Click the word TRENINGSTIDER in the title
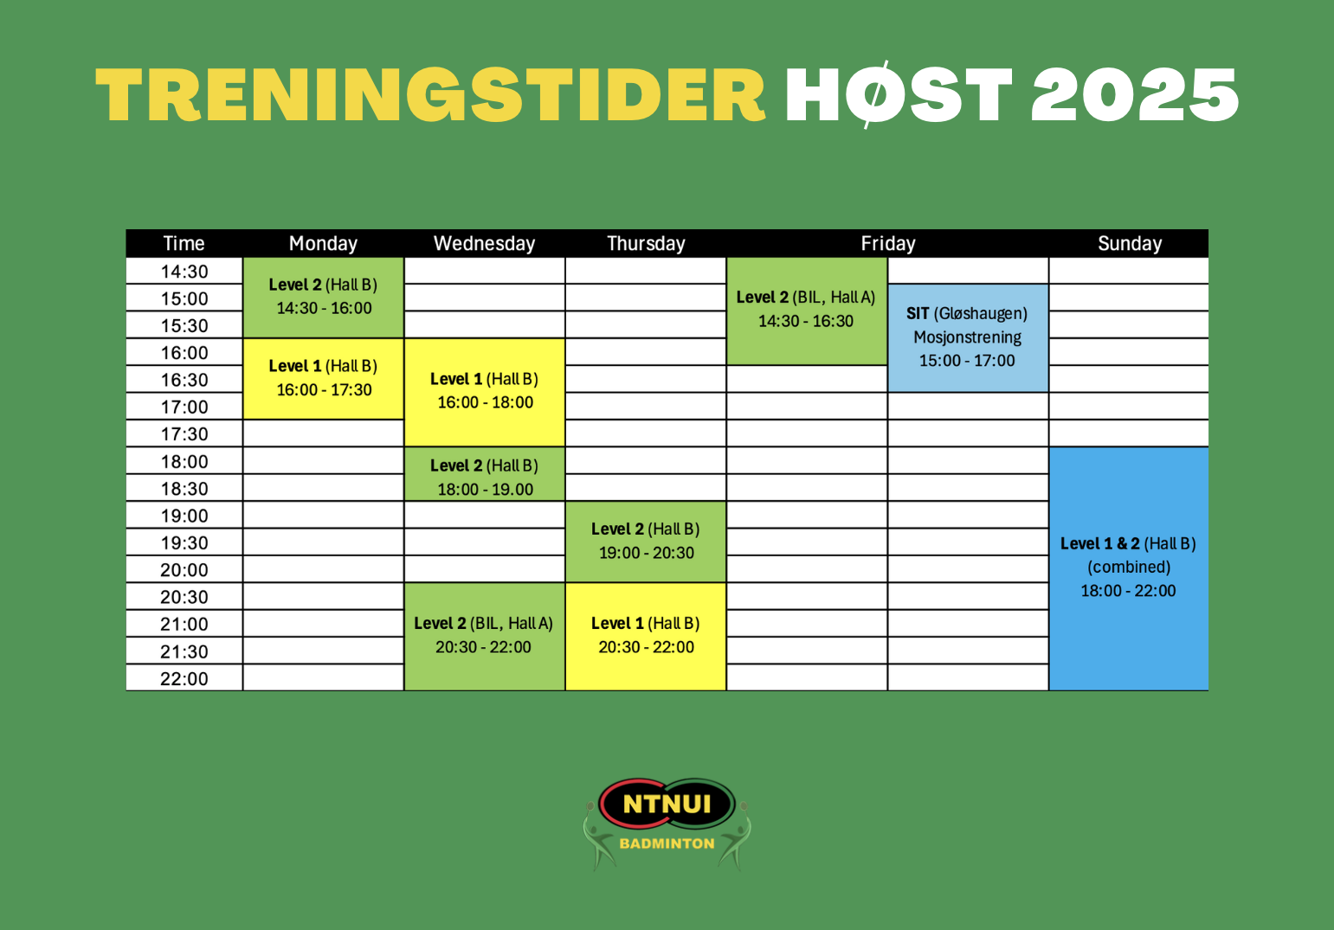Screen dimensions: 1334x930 430,95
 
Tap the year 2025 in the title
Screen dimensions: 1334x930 1135,95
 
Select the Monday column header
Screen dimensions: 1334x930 324,243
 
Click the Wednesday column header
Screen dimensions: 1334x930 484,243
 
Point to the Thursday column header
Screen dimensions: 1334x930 646,243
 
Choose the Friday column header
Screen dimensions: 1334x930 888,243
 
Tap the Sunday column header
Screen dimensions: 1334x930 1130,243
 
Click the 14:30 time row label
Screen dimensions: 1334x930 184,272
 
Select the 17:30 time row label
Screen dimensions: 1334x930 184,433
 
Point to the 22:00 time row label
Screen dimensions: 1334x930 184,678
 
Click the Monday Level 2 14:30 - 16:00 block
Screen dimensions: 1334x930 324,298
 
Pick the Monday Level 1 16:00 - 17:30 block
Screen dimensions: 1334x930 324,379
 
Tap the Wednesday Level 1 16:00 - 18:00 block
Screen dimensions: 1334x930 485,393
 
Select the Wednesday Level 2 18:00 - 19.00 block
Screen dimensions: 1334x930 485,474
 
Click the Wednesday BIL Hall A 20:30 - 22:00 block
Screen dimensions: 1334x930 485,637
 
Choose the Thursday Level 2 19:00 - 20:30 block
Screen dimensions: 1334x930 646,542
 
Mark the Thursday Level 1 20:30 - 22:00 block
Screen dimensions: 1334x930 646,637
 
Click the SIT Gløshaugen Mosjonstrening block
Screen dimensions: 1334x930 968,338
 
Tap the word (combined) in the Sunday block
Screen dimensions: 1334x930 1129,567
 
